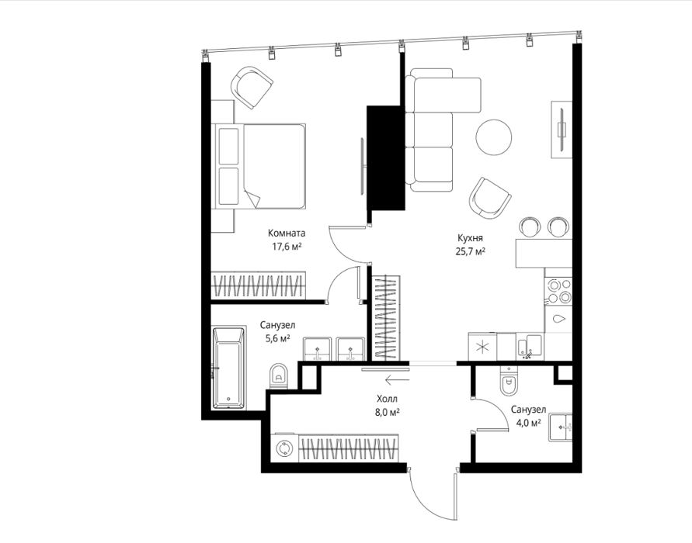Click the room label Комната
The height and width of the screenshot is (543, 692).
[x=287, y=233]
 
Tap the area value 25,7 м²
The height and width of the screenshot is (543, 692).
[x=470, y=251]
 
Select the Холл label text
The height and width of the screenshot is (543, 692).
[x=387, y=399]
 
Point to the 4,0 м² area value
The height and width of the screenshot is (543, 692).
[x=529, y=423]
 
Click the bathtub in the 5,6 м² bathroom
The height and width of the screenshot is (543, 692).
[x=228, y=368]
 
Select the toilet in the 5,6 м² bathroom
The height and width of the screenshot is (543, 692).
[x=278, y=376]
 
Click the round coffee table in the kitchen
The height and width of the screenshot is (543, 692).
[x=494, y=137]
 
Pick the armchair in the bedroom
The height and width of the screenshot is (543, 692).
[x=252, y=87]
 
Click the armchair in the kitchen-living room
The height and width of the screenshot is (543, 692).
[x=490, y=198]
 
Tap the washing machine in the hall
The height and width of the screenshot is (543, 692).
[x=284, y=448]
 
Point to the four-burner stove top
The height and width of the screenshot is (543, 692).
[x=558, y=291]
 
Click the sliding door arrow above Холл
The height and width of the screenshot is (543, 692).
[x=397, y=379]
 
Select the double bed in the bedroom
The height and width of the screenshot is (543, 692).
[x=259, y=166]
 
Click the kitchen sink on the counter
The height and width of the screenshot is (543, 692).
[x=529, y=347]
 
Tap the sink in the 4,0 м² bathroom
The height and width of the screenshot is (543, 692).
[x=561, y=427]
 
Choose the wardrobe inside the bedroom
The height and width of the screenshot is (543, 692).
[x=258, y=285]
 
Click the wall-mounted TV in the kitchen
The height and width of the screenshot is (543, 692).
[x=562, y=130]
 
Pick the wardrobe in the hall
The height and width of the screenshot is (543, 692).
[x=349, y=448]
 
